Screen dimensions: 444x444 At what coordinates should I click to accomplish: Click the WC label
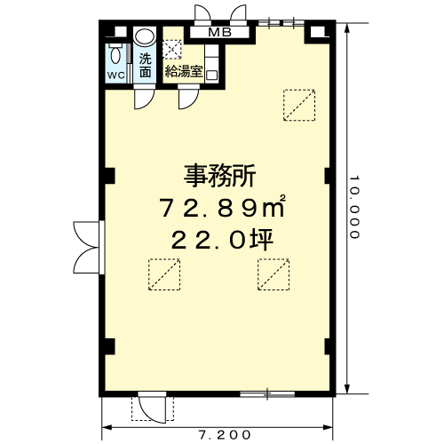tap(116, 75)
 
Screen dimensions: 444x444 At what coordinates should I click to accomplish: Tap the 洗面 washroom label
tap(145, 66)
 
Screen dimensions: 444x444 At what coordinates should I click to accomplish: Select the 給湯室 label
tap(184, 71)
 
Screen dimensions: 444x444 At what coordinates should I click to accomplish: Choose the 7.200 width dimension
tap(221, 434)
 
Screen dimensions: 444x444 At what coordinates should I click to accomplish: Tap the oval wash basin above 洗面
tap(145, 37)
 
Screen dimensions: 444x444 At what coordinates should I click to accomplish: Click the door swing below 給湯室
tap(186, 97)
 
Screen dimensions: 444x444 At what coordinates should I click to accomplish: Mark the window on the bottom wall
tap(265, 392)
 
